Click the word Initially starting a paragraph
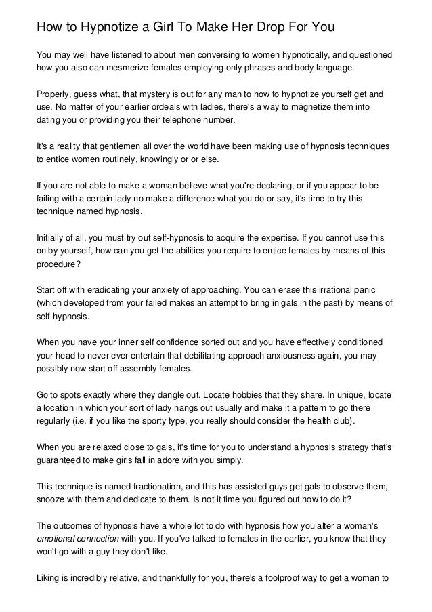tap(53, 237)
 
